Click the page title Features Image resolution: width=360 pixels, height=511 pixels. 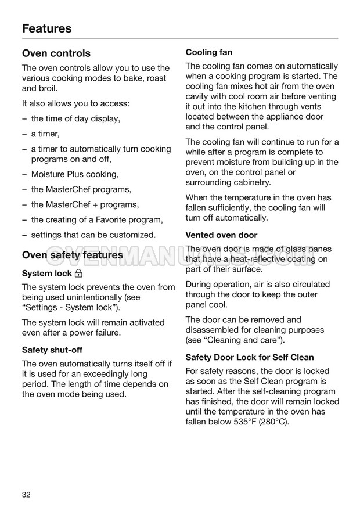coord(46,28)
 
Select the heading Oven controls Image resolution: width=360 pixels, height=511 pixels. coord(56,53)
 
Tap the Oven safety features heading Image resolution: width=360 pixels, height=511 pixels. coord(73,255)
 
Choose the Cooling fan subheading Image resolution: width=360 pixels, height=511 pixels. coord(209,52)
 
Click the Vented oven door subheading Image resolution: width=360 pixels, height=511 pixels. coord(221,235)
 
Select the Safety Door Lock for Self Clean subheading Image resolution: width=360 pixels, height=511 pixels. coord(250,357)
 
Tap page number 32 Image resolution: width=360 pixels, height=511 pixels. coord(26,495)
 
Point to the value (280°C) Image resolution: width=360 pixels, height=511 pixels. coord(274,422)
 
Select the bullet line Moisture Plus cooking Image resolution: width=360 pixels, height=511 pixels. coord(74,174)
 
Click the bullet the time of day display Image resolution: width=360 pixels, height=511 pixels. coord(75,119)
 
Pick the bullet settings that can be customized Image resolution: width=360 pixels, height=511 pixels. coord(93,235)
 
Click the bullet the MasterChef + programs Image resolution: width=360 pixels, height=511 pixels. coord(85,204)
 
